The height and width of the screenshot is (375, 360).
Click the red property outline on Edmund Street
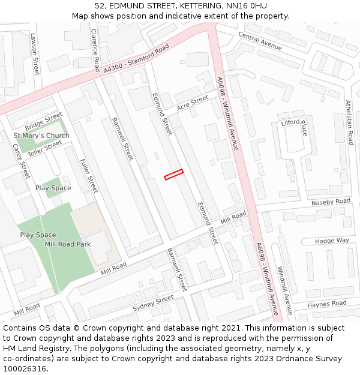click(173, 174)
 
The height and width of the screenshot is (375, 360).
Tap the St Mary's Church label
click(41, 136)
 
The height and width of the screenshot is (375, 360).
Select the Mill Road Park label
click(68, 244)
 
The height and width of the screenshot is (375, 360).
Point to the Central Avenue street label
click(260, 41)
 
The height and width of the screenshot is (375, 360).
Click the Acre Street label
click(192, 103)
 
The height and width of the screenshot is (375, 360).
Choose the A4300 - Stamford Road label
click(136, 61)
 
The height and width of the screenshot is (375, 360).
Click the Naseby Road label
click(331, 202)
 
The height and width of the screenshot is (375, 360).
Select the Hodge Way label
click(332, 241)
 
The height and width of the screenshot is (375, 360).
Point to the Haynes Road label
click(327, 304)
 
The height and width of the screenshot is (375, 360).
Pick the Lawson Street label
click(34, 53)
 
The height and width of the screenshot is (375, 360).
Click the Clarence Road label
click(95, 49)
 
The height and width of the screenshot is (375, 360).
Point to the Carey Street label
click(21, 161)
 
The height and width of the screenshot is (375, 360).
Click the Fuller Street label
click(88, 175)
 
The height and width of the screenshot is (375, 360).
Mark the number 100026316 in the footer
click(24, 368)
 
